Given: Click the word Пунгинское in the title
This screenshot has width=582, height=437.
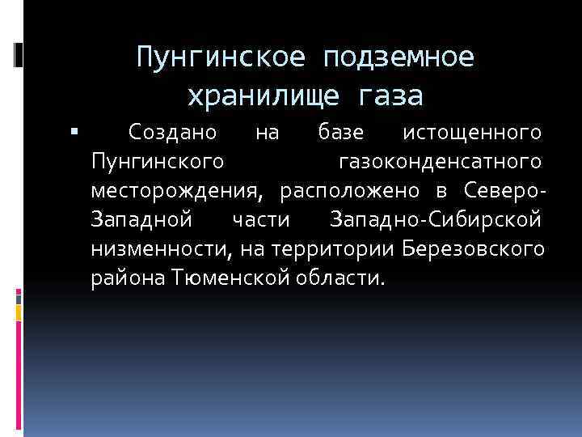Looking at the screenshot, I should pos(222,58).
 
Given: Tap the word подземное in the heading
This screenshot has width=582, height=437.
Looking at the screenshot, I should pos(399,58).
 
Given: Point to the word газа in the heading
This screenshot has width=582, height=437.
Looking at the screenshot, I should pos(387,96).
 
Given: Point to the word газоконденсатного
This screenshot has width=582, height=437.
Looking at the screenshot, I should pos(439,161).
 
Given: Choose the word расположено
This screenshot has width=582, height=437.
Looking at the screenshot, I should pos(350,191).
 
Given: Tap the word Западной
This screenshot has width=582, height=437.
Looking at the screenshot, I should pos(141,219).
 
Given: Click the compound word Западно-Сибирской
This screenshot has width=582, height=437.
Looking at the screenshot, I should pos(436,219).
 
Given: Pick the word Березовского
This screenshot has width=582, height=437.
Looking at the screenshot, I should pos(472,248).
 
